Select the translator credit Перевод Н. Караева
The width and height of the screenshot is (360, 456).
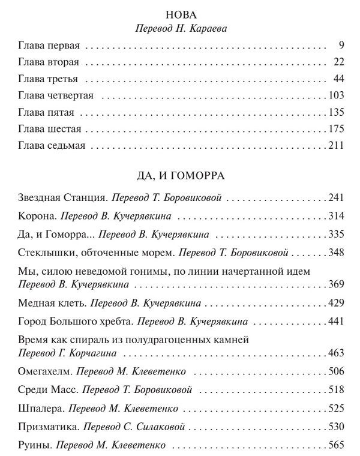[180, 28]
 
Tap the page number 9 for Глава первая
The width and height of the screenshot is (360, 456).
[340, 45]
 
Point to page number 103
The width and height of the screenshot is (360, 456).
[335, 95]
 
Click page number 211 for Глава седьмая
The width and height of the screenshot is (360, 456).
[335, 146]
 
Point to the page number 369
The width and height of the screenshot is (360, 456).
[335, 284]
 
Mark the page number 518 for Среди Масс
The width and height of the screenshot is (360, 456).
[335, 389]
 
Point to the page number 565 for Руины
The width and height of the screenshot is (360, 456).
[335, 446]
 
